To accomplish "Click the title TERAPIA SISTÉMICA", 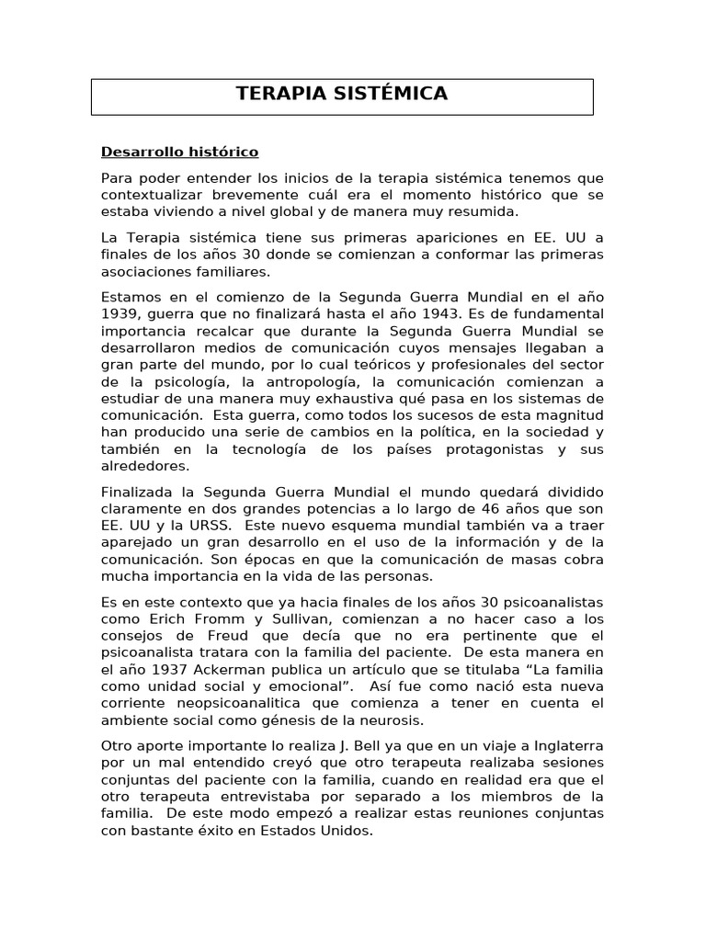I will pos(342,94).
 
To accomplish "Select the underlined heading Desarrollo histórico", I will pos(180,152).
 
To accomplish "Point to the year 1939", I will pos(120,314).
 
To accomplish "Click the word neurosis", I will pos(399,721).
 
